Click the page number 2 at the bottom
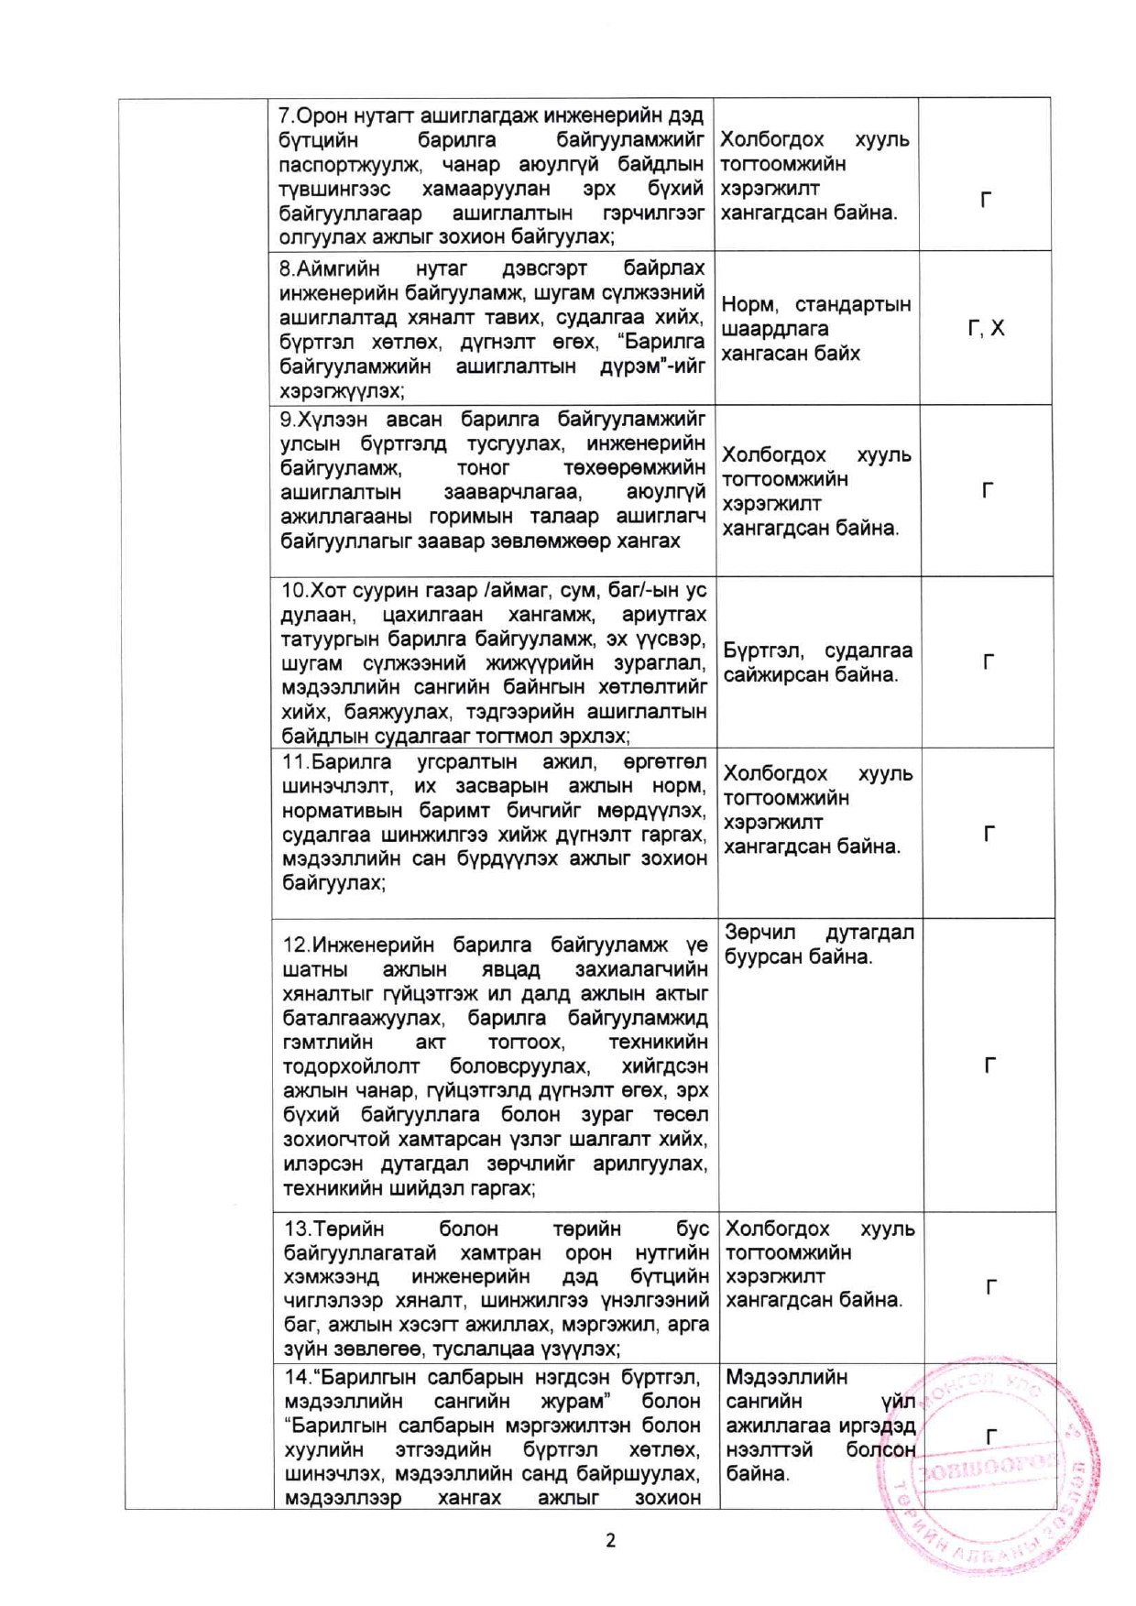[x=610, y=1540]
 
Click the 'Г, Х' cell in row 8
[x=986, y=328]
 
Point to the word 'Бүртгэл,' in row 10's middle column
[x=764, y=650]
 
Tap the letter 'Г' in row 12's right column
[x=989, y=1065]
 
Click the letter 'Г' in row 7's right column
[x=986, y=200]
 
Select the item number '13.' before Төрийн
[x=298, y=1229]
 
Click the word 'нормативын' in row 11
[x=336, y=811]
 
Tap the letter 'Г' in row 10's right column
[x=989, y=661]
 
